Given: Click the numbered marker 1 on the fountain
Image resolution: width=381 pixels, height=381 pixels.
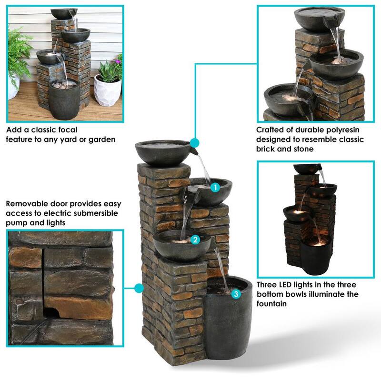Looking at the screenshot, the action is tap(215, 187).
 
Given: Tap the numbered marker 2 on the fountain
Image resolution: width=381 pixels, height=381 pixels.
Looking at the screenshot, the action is tap(195, 240).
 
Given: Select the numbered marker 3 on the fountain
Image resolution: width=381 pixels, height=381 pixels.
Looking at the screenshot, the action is tap(236, 294).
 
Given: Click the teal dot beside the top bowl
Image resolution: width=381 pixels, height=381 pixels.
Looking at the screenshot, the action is tap(194, 143).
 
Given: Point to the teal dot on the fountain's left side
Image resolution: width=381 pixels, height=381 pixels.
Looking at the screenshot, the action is tap(139, 289).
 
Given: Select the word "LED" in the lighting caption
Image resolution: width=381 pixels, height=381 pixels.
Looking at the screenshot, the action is tap(284, 284).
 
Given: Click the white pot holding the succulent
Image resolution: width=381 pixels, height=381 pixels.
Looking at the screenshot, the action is tap(108, 90).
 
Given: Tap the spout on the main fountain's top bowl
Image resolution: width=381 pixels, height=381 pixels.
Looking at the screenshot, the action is tap(194, 152).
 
